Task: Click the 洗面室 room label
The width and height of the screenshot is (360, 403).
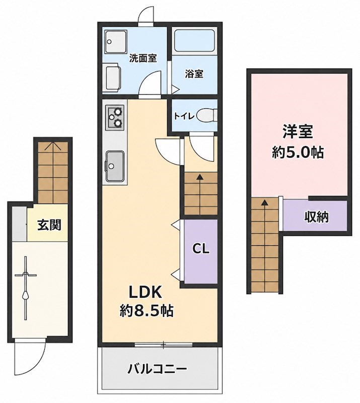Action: click(142, 58)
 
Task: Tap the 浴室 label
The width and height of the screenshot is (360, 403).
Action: click(194, 74)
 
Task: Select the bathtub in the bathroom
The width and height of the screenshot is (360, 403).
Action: click(194, 41)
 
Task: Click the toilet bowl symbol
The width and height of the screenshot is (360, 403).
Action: click(207, 116)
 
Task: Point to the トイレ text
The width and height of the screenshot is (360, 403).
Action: click(184, 116)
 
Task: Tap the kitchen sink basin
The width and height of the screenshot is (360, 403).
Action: click(115, 166)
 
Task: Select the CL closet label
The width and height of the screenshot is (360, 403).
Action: click(201, 248)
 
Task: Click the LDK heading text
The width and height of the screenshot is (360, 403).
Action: click(146, 293)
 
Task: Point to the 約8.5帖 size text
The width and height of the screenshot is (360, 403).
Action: click(146, 311)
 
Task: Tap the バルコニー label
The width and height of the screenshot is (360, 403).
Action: click(157, 369)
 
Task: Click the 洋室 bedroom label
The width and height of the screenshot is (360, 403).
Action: click(298, 131)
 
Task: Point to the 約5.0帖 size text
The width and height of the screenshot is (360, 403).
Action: click(298, 153)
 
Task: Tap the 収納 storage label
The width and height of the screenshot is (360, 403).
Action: click(317, 218)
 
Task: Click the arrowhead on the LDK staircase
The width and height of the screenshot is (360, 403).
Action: click(199, 177)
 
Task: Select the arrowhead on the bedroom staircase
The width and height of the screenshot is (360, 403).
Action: click(264, 203)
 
